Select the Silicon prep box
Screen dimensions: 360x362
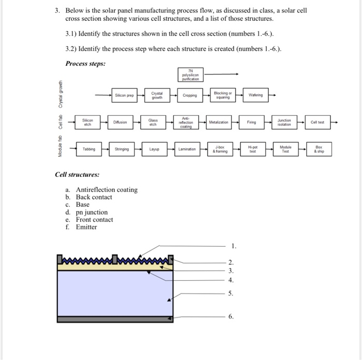coord(124,95)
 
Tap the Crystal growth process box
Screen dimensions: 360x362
coord(157,95)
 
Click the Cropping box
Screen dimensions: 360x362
coord(190,95)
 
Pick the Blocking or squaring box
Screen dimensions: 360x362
coord(223,95)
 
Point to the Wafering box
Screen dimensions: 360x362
coord(257,95)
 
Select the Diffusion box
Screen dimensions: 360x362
coord(120,122)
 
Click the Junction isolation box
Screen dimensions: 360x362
coord(284,122)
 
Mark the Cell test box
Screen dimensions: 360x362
coord(318,122)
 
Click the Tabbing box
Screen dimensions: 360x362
coord(89,149)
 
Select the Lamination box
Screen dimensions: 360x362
coord(187,149)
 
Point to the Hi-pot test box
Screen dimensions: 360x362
coord(253,149)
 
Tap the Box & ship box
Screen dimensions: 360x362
coord(320,149)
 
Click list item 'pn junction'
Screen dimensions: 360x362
coord(92,212)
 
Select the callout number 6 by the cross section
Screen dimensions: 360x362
coord(231,316)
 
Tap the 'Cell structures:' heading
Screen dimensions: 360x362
coord(77,175)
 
